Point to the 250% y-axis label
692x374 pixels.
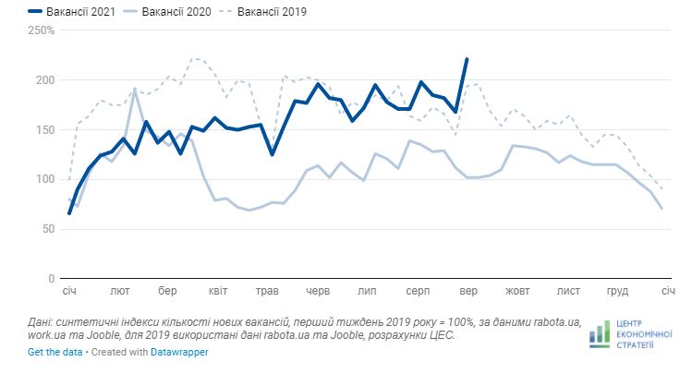tap(42, 30)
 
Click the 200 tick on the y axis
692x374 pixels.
tap(46, 80)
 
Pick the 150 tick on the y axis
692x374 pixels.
tap(46, 129)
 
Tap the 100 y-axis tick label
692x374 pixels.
tap(46, 179)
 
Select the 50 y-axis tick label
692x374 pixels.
tap(49, 228)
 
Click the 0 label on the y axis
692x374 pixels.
tap(53, 278)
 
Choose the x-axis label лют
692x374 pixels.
tap(119, 291)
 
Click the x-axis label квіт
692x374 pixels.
tap(219, 291)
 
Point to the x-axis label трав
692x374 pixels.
tap(268, 291)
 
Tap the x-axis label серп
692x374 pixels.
tap(418, 291)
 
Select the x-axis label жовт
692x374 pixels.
tap(517, 291)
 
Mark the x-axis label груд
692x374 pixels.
tap(617, 291)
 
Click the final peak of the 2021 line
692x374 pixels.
tap(467, 59)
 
